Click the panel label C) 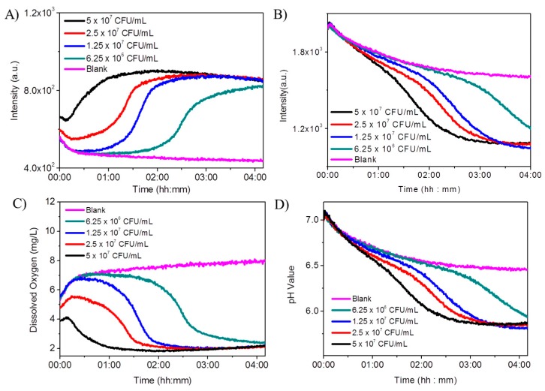coord(10,203)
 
